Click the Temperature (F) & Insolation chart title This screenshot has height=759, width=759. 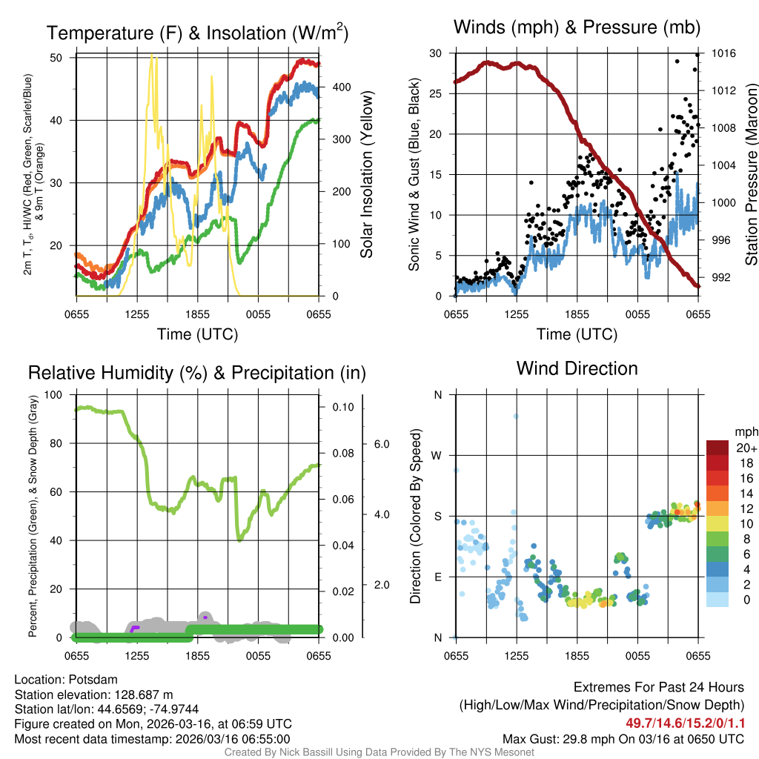pos(197,33)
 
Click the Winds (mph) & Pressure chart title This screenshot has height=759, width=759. pos(577,28)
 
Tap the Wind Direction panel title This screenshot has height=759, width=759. pos(577,368)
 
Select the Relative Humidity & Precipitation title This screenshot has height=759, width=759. pos(196,373)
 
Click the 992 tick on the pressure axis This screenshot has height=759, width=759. pos(723,277)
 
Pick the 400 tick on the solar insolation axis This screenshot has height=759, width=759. pos(341,87)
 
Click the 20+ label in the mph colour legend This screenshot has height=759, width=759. pos(746,448)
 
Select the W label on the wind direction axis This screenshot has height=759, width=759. pos(437,455)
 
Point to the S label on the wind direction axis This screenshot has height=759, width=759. pos(437,516)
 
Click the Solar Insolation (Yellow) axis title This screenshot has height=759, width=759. pos(366,175)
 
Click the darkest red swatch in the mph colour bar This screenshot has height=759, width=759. pos(719,448)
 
